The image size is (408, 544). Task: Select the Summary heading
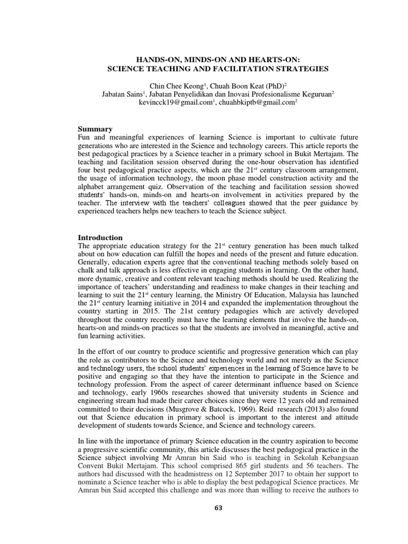95,129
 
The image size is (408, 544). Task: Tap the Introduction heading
100,237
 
